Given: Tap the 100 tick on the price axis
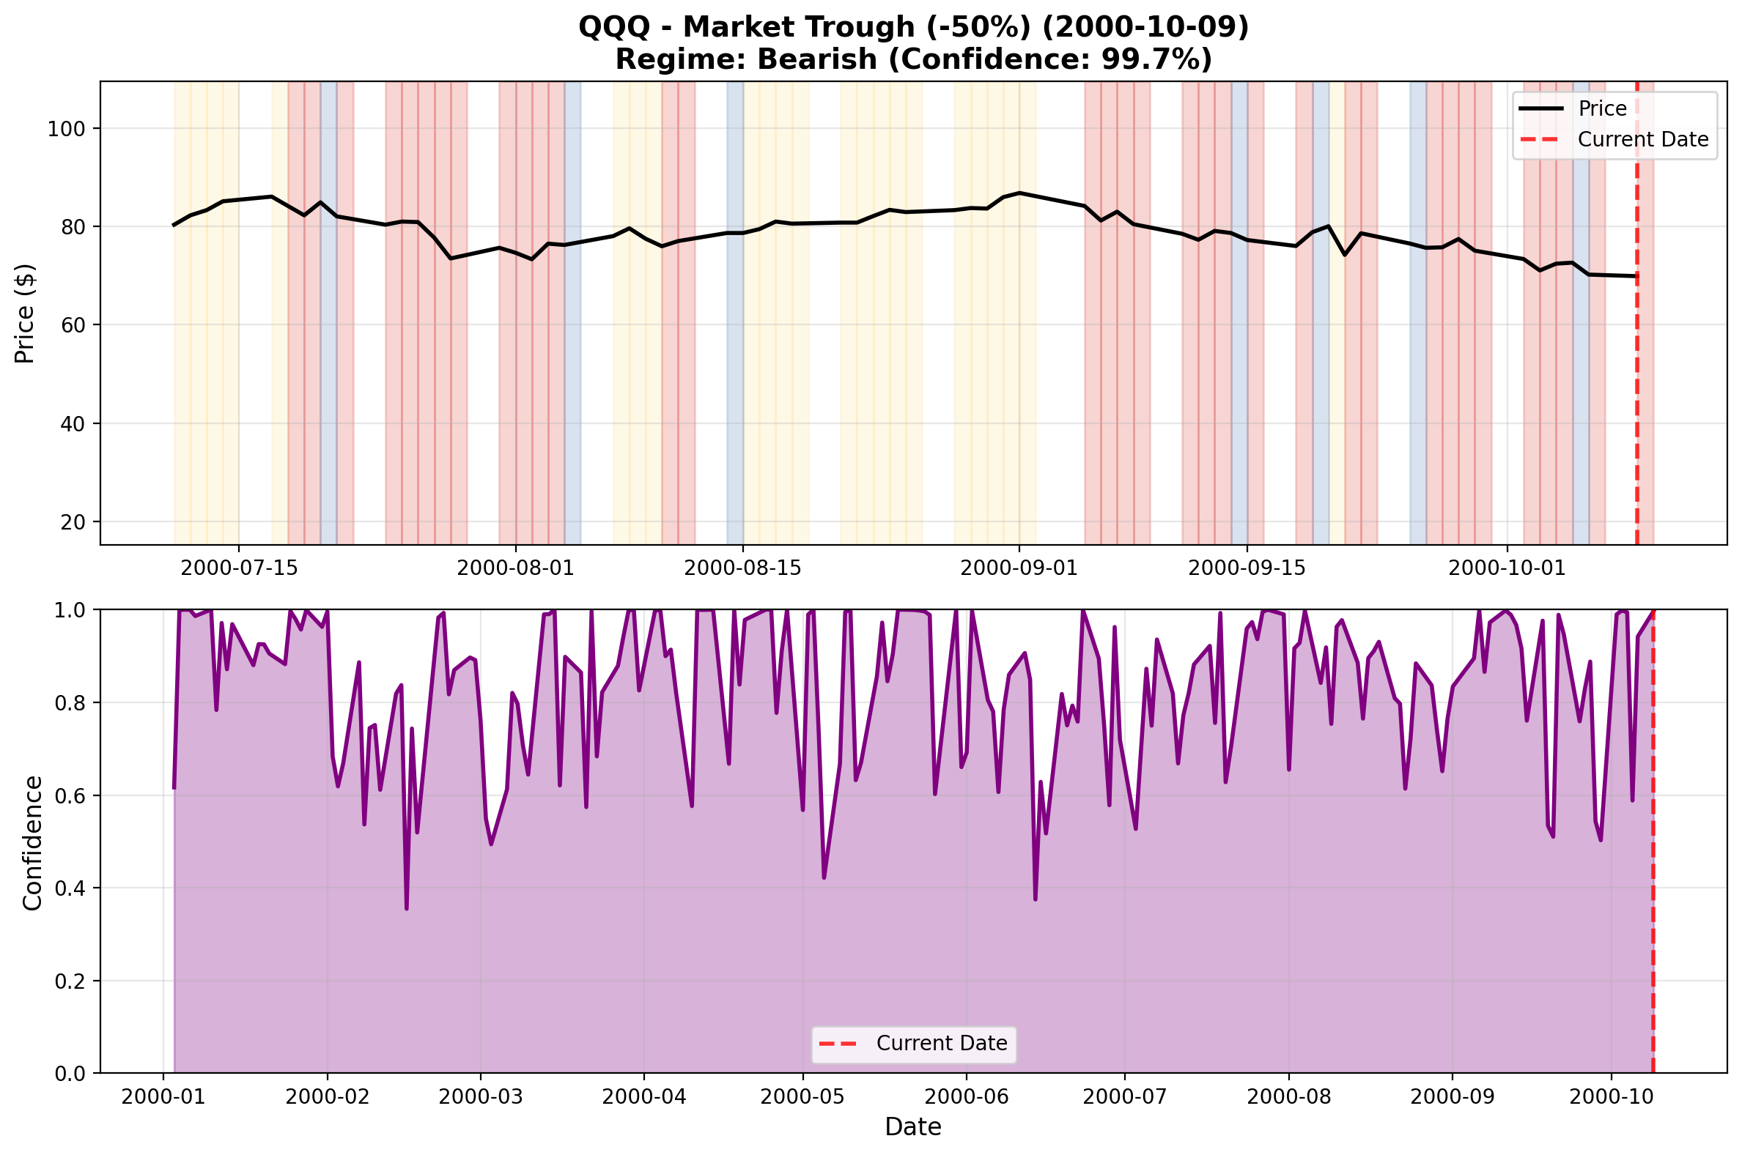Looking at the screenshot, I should point(66,129).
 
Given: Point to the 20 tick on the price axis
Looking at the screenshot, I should point(75,522).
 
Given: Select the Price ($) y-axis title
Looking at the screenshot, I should point(25,313).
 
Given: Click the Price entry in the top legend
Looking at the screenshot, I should point(1602,109).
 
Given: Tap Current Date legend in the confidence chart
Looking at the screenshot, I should point(941,1044).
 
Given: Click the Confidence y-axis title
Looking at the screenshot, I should point(32,843).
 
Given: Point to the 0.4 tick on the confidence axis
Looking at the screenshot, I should point(70,889).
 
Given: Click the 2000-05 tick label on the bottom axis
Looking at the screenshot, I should point(802,1097).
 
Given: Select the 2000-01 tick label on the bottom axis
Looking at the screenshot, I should point(163,1097).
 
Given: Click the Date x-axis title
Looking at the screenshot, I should point(913,1127).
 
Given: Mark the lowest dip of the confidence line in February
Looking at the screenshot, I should point(406,908).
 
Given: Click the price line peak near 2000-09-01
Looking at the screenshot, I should point(1019,193).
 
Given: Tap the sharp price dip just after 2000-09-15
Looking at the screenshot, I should point(1344,255).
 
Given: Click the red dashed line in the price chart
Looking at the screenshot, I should point(1636,368).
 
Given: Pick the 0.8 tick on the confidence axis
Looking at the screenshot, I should point(70,703).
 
